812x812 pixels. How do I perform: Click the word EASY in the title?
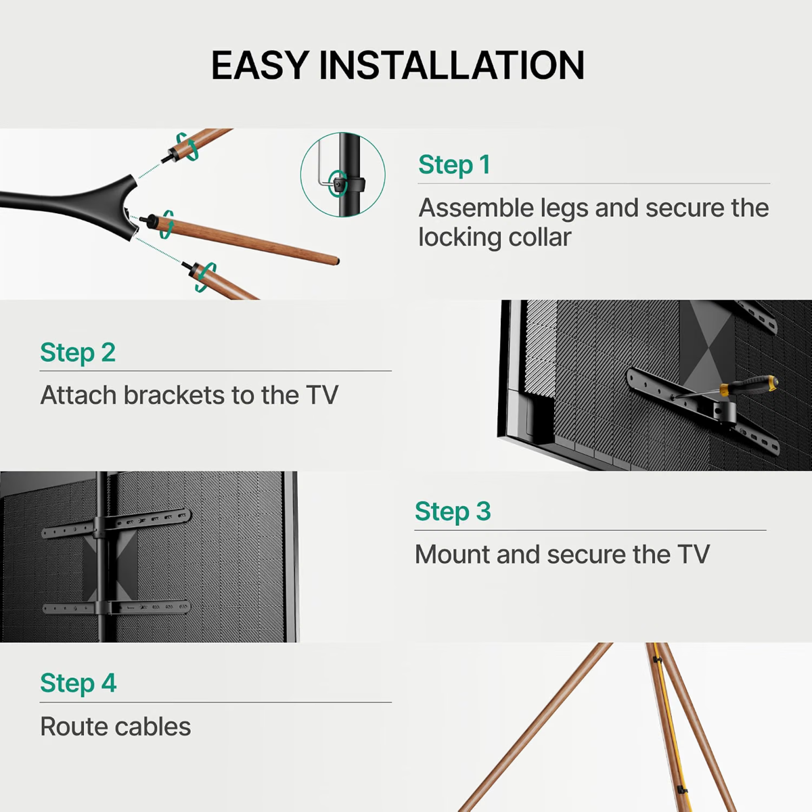click(x=260, y=65)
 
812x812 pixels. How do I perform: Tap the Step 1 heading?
click(x=454, y=164)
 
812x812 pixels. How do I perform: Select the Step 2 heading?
click(x=78, y=353)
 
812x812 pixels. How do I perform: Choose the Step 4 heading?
click(x=78, y=683)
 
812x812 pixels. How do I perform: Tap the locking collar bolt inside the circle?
click(x=338, y=184)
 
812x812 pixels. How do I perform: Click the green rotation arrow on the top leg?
click(x=187, y=146)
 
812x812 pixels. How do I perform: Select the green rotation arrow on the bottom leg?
click(x=206, y=277)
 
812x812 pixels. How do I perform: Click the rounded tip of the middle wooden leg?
click(x=336, y=261)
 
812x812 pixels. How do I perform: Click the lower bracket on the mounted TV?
click(x=116, y=608)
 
